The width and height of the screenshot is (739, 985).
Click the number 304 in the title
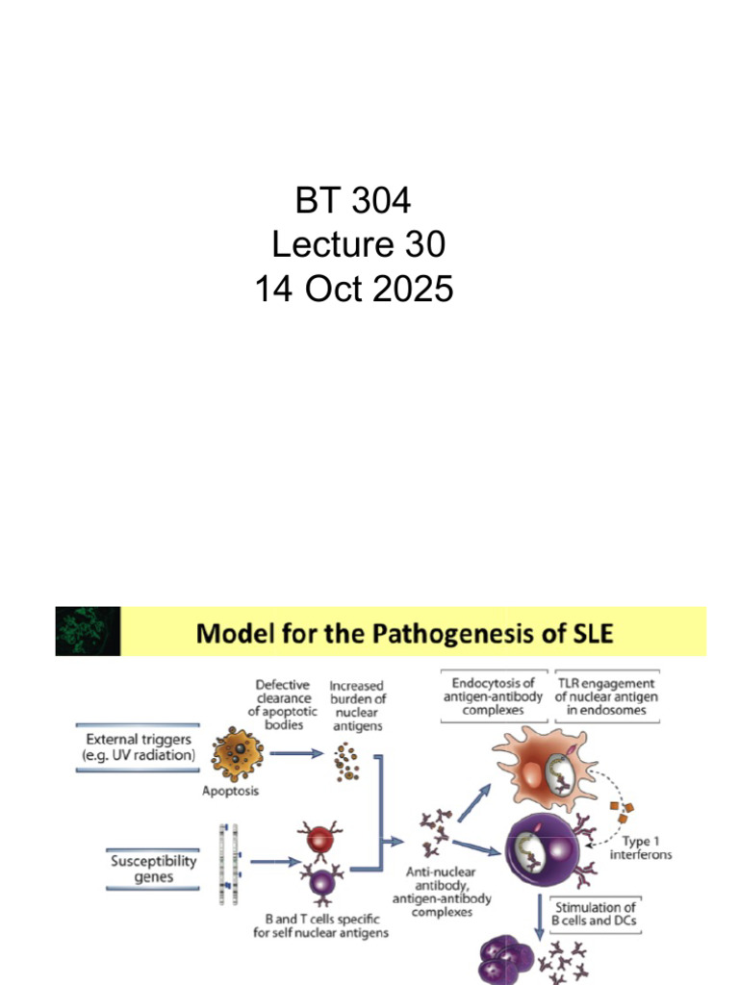(381, 200)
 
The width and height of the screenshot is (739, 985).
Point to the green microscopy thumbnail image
(88, 631)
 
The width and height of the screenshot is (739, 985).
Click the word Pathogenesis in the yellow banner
(455, 633)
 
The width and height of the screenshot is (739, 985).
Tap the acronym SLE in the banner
(590, 633)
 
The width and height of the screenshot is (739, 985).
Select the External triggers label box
(138, 747)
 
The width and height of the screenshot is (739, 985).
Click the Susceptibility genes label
(153, 869)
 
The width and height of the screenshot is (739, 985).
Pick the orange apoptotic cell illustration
(237, 754)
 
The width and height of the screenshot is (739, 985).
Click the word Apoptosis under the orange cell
(230, 791)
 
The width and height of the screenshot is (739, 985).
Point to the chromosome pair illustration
(229, 864)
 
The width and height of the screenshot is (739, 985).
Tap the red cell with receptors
(319, 839)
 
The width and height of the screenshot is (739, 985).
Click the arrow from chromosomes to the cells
(276, 862)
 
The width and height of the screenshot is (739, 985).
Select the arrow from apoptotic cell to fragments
(296, 753)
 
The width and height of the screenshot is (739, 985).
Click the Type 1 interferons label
(640, 848)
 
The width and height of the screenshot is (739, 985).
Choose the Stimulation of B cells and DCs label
(594, 914)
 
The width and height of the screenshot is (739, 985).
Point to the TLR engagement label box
(606, 696)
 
